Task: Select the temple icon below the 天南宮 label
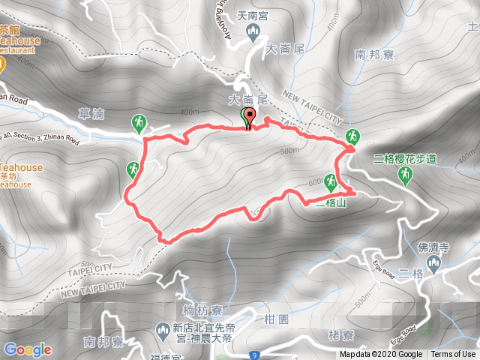(x=253, y=32)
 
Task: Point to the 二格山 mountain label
(x=331, y=202)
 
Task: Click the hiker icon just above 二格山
(x=331, y=180)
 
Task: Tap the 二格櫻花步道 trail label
(x=404, y=159)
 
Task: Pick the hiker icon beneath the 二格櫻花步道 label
(x=405, y=175)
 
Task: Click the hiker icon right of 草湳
(x=139, y=121)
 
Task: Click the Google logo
(x=28, y=349)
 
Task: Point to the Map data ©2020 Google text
(x=380, y=355)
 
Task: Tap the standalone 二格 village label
(x=411, y=272)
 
